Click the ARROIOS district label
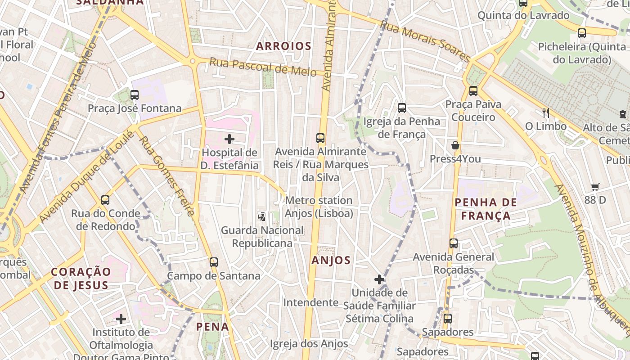[x=283, y=46]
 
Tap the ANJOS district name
[x=331, y=260]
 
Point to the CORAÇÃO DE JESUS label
[x=81, y=278]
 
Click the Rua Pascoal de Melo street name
[x=266, y=67]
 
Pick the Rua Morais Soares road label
[x=425, y=41]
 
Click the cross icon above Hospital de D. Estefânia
[x=229, y=139]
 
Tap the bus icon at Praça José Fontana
[x=135, y=95]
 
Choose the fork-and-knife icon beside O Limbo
[x=546, y=112]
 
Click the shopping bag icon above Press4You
[x=455, y=145]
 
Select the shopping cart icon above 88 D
[x=595, y=187]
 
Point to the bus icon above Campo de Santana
[x=214, y=262]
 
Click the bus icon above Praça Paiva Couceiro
[x=473, y=91]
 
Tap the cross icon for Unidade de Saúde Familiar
[x=379, y=279]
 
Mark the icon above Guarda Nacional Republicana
[x=261, y=217]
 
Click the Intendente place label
[x=310, y=302]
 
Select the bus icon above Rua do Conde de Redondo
[x=105, y=200]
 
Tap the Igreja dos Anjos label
[x=309, y=344]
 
